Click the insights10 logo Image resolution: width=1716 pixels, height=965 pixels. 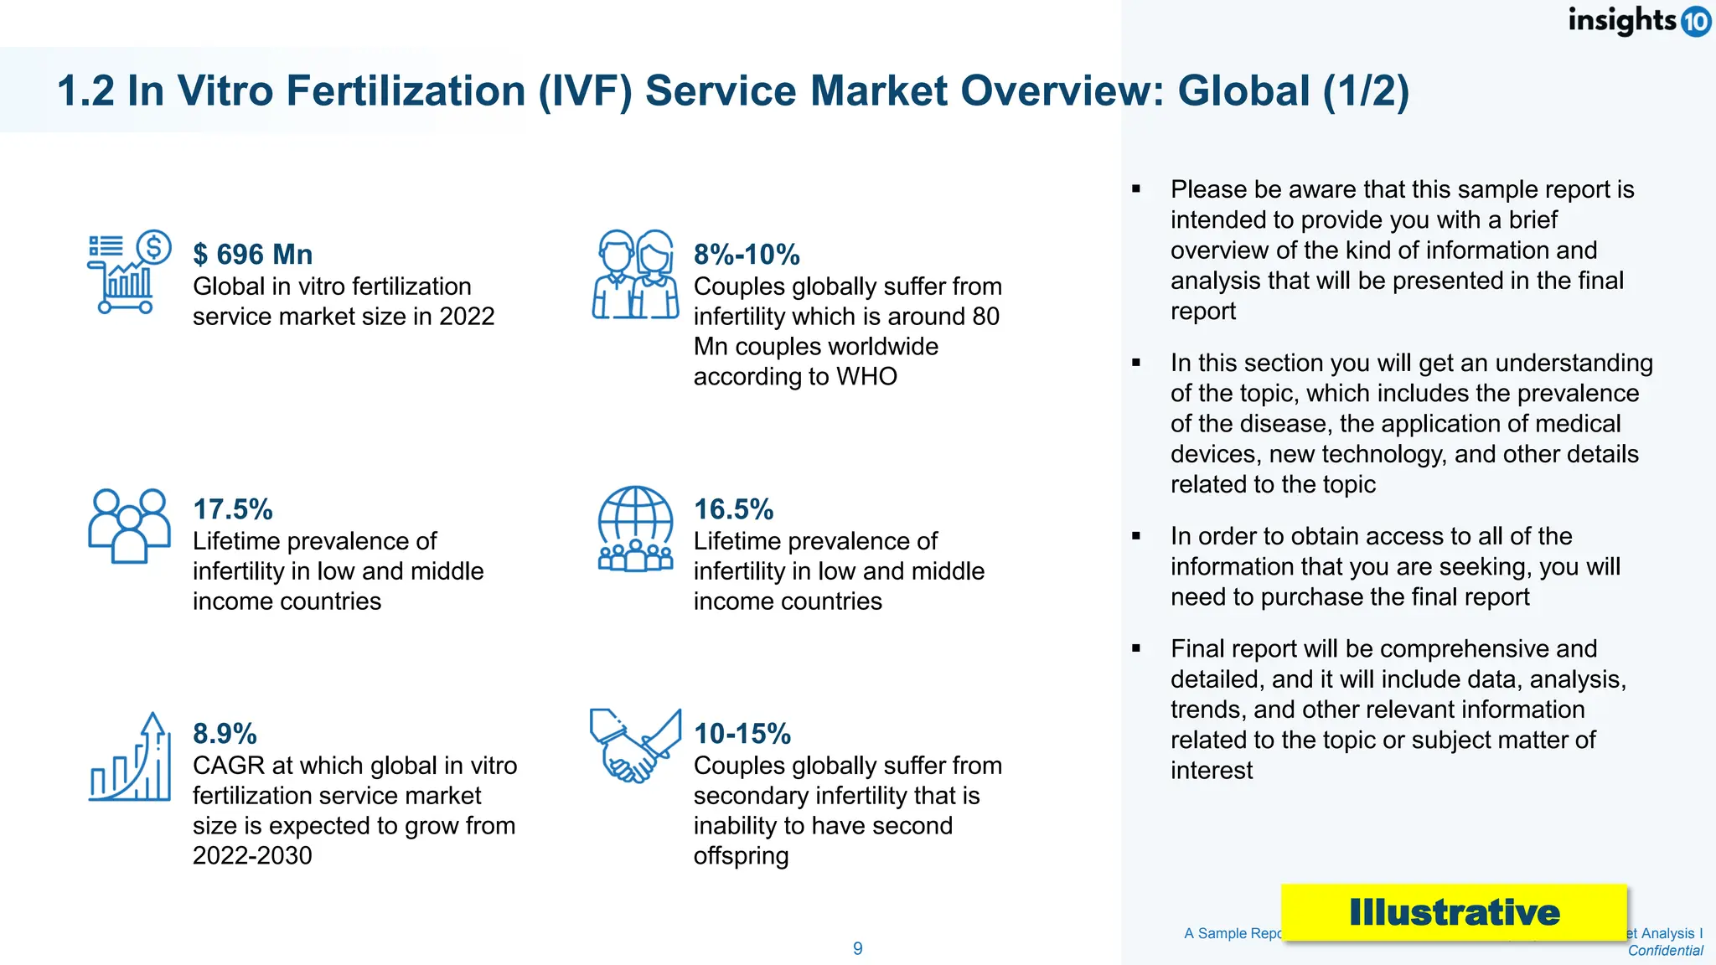1638,20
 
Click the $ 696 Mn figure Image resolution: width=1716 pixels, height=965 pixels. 252,255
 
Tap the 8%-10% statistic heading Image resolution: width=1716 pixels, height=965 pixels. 747,255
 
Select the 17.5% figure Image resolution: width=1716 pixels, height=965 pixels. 233,509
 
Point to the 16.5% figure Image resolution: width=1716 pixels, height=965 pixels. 733,509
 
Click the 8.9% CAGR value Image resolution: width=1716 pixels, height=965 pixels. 225,734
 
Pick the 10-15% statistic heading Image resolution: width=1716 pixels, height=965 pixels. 742,734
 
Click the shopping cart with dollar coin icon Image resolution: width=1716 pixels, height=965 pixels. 129,272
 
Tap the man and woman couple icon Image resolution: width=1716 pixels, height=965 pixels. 635,274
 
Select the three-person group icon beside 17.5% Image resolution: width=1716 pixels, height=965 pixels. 129,525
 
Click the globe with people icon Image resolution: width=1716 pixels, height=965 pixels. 635,529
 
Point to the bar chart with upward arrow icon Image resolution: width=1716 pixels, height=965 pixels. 130,757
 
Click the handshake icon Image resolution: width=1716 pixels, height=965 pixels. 634,746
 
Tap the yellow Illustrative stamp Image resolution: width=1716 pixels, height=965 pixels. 1454,912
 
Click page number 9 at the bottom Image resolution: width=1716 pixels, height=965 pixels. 857,948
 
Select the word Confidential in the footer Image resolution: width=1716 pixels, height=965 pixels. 1665,951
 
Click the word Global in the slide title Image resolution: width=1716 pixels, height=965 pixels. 1243,90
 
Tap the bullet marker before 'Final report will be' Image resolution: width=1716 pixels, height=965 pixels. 1136,648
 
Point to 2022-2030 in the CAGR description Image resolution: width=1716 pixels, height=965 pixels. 252,856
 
